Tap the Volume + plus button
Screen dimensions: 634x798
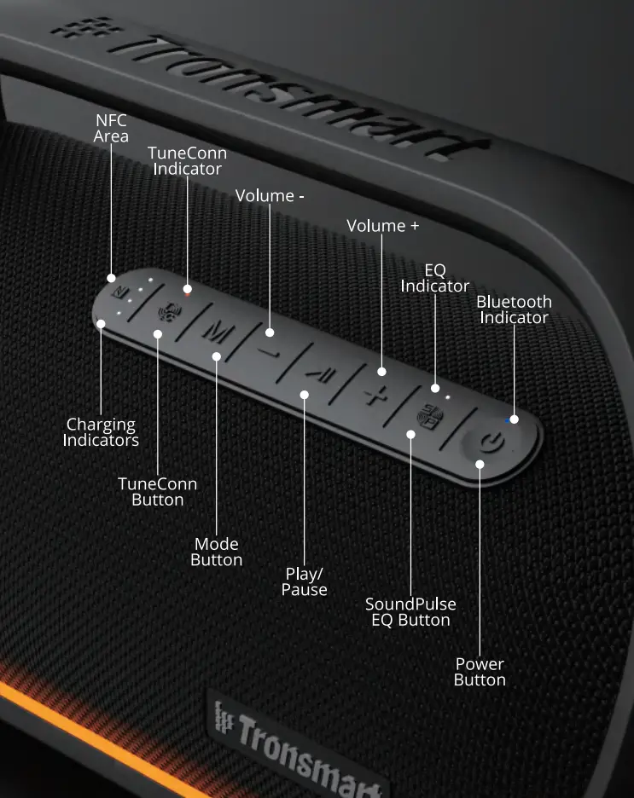point(373,394)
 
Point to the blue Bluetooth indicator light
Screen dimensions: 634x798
point(509,419)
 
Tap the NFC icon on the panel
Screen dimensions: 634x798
point(125,293)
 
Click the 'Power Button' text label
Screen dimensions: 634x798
point(480,672)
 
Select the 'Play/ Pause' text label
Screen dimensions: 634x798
point(305,581)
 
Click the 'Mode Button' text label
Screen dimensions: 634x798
point(217,552)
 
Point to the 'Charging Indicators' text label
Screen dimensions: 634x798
point(102,432)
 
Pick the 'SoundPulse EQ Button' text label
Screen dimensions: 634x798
point(410,611)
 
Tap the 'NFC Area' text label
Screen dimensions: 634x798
point(111,129)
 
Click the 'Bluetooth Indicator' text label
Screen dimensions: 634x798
point(514,309)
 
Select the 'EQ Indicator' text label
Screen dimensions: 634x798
point(435,278)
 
